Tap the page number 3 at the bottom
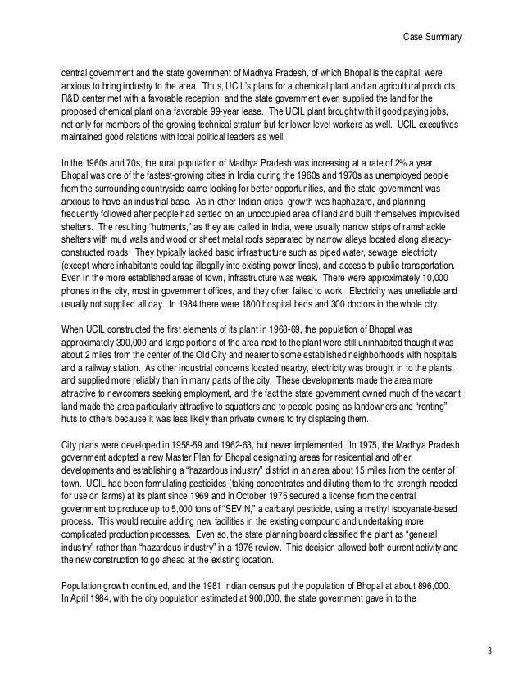click(x=489, y=652)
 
